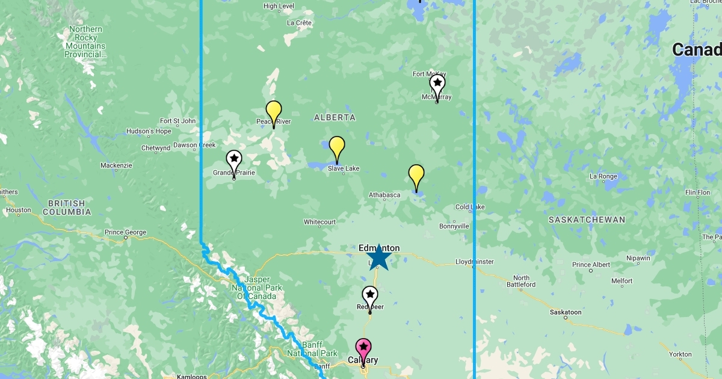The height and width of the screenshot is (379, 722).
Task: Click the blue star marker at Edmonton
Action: click(378, 257)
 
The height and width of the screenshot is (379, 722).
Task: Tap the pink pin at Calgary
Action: click(363, 349)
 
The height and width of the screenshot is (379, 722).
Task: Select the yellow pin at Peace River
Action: click(274, 111)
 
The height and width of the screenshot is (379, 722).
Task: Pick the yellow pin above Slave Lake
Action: click(337, 147)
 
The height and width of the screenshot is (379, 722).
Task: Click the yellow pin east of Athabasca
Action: click(416, 175)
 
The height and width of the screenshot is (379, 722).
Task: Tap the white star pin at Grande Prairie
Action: click(234, 161)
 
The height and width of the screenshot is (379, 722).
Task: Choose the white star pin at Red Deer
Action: click(369, 296)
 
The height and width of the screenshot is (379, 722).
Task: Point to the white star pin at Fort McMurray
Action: click(437, 84)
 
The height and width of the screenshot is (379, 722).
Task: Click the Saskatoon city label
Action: click(566, 312)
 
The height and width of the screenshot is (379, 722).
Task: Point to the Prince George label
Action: click(125, 232)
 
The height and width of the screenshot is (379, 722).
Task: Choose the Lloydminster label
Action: click(475, 262)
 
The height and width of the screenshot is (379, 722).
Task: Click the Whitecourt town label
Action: click(319, 222)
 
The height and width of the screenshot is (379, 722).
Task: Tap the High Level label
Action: click(279, 7)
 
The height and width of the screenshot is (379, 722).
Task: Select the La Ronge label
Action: click(603, 176)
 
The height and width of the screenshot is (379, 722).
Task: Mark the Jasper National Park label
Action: click(257, 288)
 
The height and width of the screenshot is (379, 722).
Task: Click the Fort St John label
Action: click(178, 121)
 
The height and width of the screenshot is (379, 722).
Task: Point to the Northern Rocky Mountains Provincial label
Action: click(85, 42)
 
